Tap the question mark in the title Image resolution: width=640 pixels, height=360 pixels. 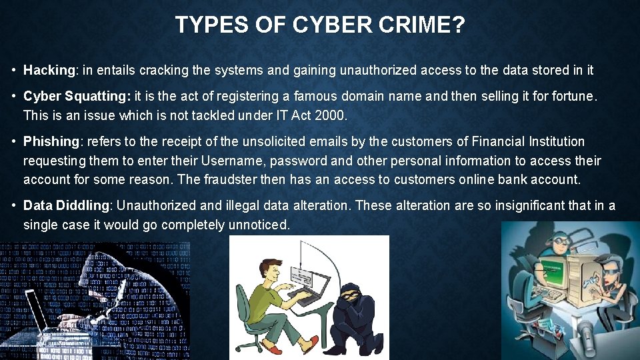tap(459, 25)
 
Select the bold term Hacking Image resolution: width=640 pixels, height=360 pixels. tap(50, 70)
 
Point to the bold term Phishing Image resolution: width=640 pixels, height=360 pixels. tap(51, 141)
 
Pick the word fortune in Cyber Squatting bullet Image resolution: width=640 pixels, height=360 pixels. tap(570, 96)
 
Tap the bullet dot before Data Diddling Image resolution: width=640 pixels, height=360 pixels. tap(14, 205)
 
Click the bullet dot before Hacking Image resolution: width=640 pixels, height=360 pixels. tap(14, 70)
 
